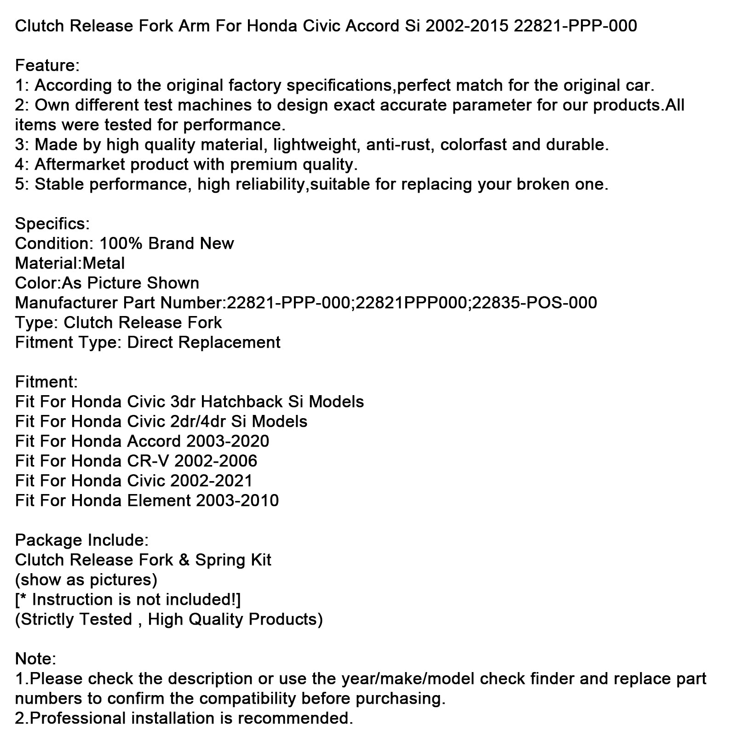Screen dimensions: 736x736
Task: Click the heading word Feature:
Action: coord(47,66)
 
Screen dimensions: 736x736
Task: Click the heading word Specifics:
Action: coord(52,224)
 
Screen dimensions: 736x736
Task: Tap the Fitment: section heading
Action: coord(46,382)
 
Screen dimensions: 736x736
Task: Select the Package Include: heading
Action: coord(82,540)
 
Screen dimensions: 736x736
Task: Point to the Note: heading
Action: coord(35,659)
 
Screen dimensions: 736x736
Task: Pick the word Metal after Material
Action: coord(103,264)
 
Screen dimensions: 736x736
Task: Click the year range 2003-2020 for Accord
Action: coord(228,442)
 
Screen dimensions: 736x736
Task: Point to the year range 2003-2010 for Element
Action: coord(237,501)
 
